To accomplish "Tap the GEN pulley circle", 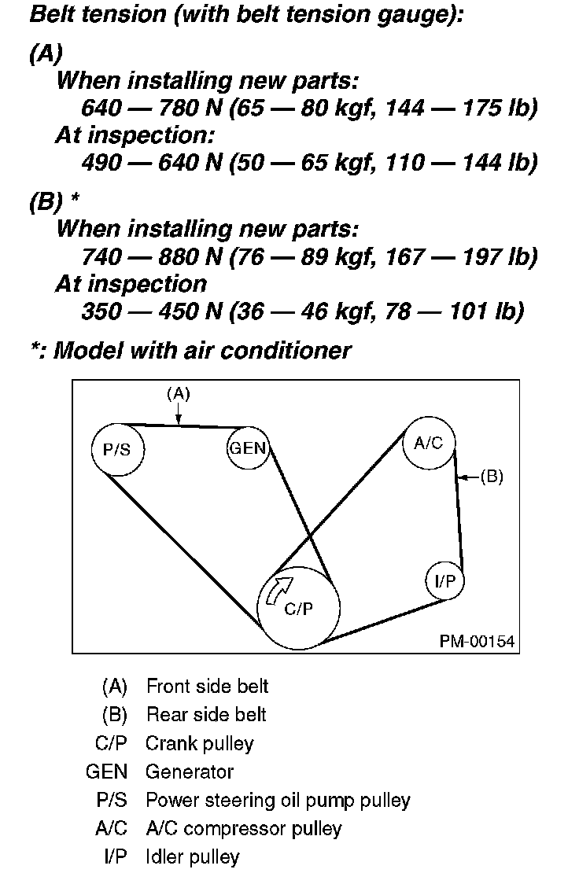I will (248, 449).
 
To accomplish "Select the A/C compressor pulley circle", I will (429, 443).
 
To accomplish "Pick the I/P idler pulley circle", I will (444, 581).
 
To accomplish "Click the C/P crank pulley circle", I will (299, 607).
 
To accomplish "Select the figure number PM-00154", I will (477, 642).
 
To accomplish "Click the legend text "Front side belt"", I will (207, 686).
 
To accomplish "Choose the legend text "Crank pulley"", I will (200, 742).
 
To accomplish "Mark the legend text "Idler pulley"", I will (193, 856).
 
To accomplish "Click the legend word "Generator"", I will (189, 772).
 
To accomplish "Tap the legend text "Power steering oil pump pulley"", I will (278, 800).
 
